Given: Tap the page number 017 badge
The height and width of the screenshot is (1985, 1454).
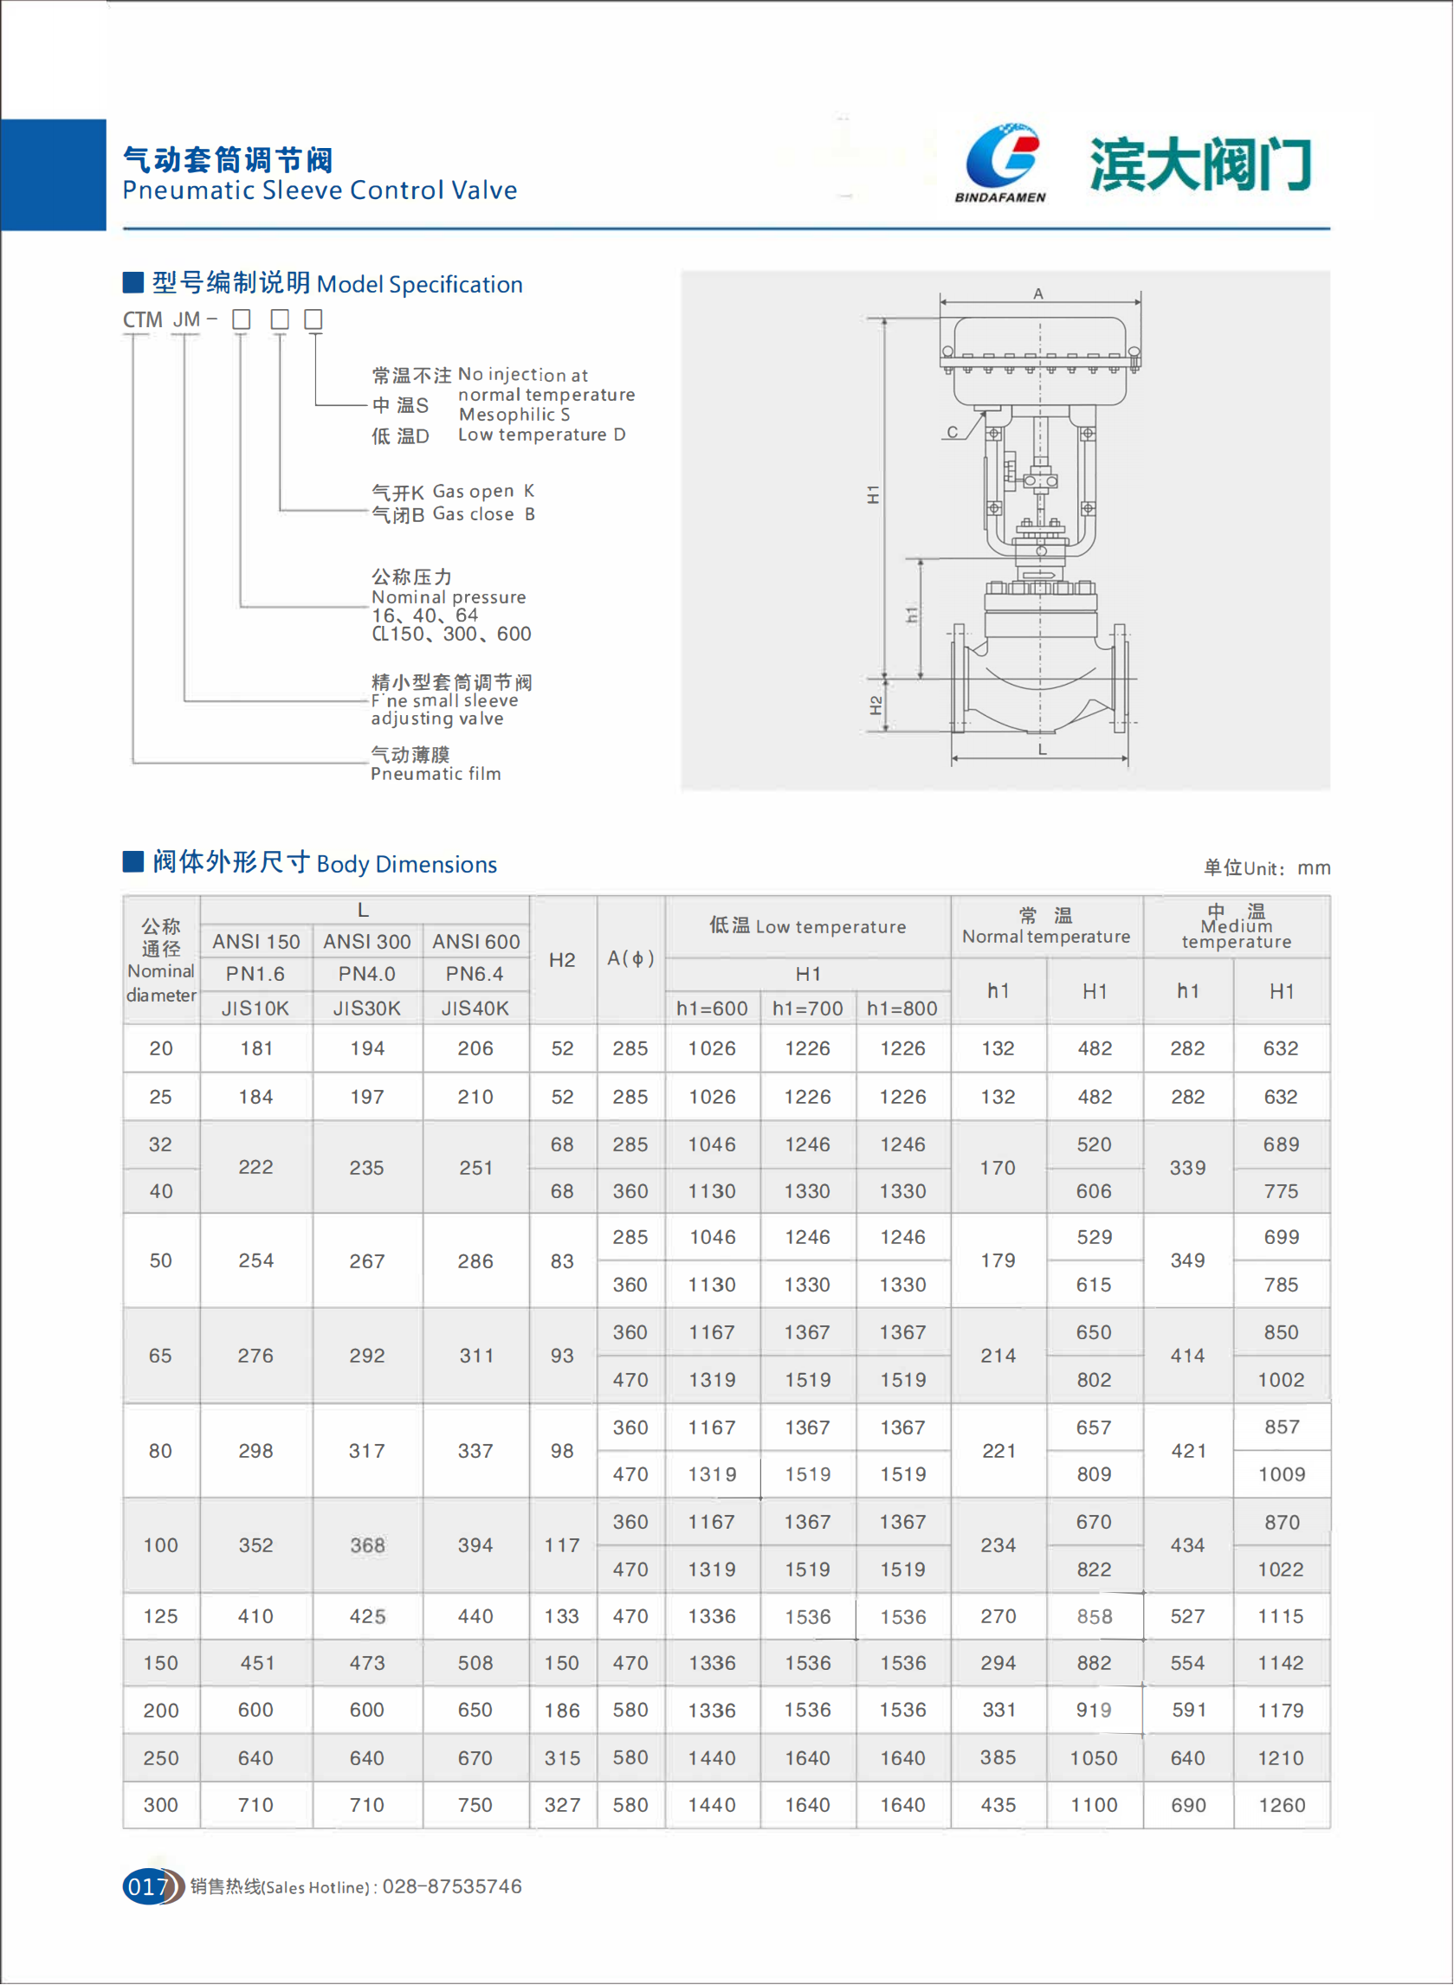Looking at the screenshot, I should [148, 1885].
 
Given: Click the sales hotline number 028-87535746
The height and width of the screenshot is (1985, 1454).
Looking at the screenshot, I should [451, 1885].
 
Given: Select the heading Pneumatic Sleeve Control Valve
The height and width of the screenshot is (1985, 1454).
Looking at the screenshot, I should [320, 190].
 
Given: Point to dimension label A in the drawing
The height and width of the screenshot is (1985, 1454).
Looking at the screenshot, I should [1038, 293].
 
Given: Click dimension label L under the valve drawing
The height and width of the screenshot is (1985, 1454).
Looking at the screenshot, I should [1042, 750].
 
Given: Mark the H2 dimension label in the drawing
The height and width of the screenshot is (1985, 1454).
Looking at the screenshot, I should [876, 705].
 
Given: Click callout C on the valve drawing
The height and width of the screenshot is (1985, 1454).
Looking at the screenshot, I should [953, 432].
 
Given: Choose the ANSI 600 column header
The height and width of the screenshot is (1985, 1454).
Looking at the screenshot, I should [476, 942].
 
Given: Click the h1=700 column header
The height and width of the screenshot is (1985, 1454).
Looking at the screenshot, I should [807, 1009].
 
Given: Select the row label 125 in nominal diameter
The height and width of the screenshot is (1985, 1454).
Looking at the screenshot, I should [160, 1616].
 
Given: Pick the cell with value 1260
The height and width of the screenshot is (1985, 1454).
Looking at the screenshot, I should [1282, 1806].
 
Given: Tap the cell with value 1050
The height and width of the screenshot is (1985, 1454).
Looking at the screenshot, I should [1094, 1758].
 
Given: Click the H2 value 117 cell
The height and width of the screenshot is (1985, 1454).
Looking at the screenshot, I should [562, 1545].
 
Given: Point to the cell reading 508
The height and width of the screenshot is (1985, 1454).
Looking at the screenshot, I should [475, 1663].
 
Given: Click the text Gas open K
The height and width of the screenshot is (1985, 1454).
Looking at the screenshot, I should [483, 491].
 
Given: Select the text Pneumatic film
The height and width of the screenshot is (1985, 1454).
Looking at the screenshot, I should [436, 774].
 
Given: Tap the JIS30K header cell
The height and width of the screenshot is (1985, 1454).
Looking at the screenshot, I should [367, 1009].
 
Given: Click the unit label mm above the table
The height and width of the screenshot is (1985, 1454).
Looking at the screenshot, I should [1314, 868].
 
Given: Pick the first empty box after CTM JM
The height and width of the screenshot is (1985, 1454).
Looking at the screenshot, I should [241, 319].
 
